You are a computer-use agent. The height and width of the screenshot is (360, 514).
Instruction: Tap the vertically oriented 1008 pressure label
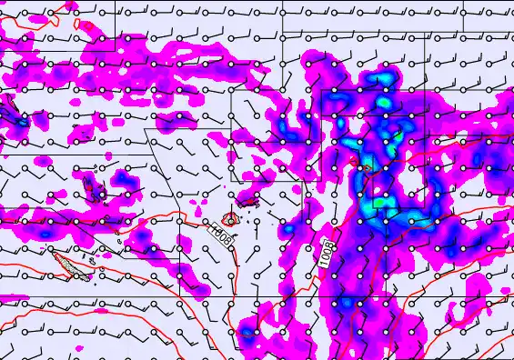(328, 253)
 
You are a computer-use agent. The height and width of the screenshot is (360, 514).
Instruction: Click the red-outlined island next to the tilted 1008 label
(230, 219)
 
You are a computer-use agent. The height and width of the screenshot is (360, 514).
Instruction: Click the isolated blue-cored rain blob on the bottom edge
(247, 333)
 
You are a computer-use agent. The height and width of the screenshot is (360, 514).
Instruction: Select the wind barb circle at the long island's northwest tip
(52, 249)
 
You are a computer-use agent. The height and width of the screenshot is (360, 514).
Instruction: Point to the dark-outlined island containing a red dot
(94, 188)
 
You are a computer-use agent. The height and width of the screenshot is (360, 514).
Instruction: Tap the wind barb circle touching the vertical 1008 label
(335, 246)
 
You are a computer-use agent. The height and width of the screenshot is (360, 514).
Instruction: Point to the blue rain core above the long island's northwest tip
(45, 234)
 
